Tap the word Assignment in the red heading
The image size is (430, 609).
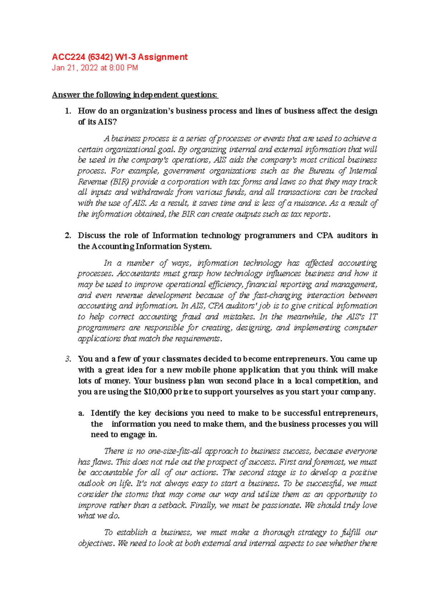click(163, 57)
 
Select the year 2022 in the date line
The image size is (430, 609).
click(89, 68)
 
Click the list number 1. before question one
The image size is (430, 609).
click(68, 111)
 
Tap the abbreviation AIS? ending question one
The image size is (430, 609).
click(107, 122)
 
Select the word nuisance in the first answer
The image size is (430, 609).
click(310, 203)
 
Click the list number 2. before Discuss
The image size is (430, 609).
click(68, 236)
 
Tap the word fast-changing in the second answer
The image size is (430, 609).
click(277, 295)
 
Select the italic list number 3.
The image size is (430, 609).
click(68, 359)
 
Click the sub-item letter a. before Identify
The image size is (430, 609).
click(81, 413)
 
